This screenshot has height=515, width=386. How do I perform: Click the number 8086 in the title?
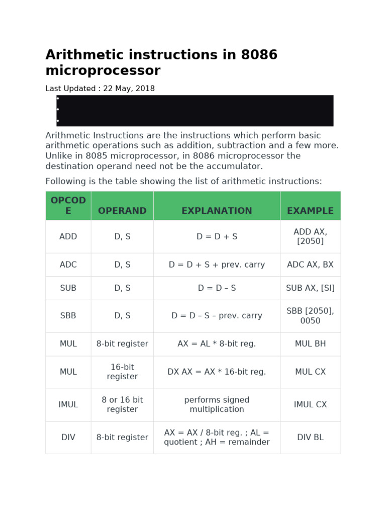(x=259, y=55)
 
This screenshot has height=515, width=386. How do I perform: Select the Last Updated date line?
(x=100, y=89)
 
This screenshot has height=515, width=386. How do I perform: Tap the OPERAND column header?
(x=122, y=211)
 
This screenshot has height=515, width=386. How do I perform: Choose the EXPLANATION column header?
(x=217, y=211)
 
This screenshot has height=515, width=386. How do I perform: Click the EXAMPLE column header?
(x=310, y=211)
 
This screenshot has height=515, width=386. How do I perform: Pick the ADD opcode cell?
(x=68, y=236)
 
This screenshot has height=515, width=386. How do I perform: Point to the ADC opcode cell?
(x=68, y=265)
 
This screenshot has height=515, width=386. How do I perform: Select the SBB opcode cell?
(x=68, y=316)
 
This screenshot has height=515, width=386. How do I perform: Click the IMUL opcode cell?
(x=68, y=405)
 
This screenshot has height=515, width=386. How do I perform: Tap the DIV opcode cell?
(x=68, y=438)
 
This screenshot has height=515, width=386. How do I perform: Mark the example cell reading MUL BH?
(x=310, y=344)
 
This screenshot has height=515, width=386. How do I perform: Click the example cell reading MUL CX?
(x=310, y=372)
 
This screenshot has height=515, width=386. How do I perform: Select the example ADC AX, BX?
(x=310, y=265)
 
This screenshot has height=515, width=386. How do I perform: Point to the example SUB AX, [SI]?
(x=310, y=288)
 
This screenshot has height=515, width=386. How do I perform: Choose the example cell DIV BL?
(x=310, y=438)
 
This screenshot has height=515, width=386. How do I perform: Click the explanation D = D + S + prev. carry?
(x=217, y=265)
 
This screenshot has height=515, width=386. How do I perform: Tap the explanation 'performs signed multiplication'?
(x=217, y=405)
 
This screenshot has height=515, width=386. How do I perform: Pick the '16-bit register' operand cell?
(x=122, y=372)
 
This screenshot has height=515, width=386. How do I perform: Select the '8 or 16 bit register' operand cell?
(x=122, y=405)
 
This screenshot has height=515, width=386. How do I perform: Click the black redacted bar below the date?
(x=195, y=111)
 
